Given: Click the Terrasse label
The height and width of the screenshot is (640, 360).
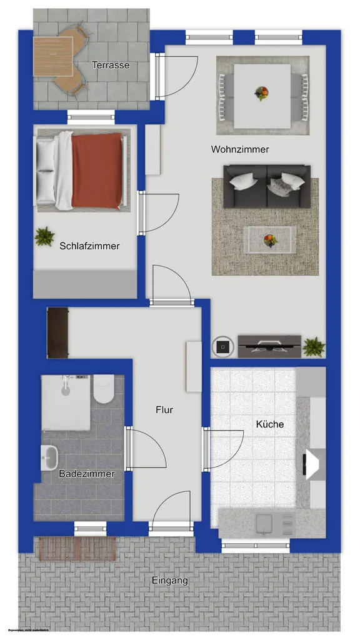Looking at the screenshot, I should [x=111, y=65].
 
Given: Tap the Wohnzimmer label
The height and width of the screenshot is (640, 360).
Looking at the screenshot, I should [x=240, y=149].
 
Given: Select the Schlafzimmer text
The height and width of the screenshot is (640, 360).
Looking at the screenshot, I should [x=89, y=246].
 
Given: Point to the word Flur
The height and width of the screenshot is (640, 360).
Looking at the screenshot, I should [x=164, y=410].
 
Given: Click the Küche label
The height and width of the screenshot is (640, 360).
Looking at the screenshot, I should [x=270, y=424].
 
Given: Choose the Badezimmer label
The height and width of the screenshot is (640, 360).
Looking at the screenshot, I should [x=87, y=474].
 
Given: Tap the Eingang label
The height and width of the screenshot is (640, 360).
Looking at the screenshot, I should [x=170, y=581].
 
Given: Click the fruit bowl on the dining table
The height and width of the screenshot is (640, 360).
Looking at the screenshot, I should [x=262, y=93].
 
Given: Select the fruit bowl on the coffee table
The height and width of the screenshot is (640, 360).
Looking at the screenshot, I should [x=270, y=240].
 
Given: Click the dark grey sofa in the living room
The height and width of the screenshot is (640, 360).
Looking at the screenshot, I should [x=267, y=186].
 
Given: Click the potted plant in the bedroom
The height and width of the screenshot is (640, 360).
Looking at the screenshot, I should [x=44, y=236].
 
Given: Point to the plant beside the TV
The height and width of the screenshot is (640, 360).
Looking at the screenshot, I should [x=313, y=346].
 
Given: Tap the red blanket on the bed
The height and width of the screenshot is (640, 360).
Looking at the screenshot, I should [x=96, y=170].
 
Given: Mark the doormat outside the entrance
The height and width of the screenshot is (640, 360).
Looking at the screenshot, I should [x=77, y=548].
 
